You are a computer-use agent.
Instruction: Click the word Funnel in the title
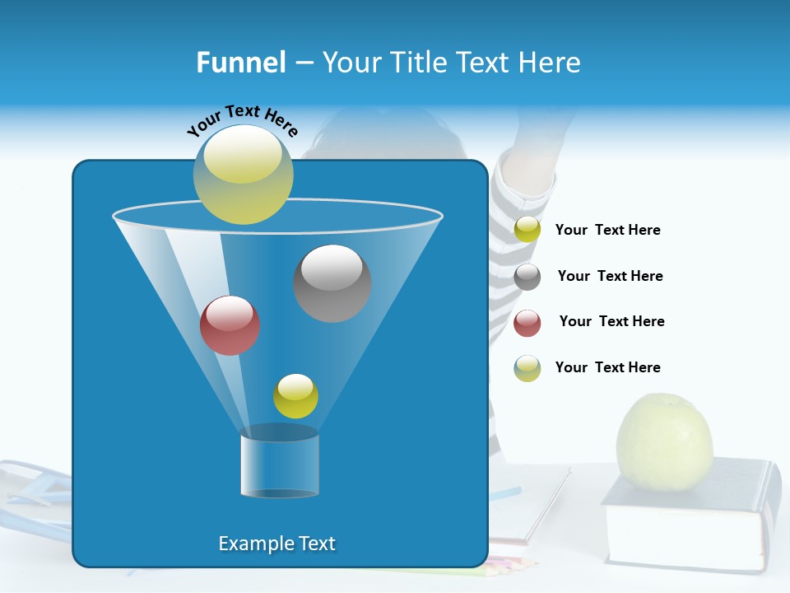(x=240, y=63)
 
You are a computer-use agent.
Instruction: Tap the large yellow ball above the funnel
(x=244, y=175)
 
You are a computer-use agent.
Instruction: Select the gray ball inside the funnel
(x=332, y=283)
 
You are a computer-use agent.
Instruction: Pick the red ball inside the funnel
(x=230, y=325)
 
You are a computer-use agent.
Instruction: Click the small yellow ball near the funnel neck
(x=295, y=396)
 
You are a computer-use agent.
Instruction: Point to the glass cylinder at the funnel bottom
(x=280, y=462)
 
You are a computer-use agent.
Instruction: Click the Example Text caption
(x=276, y=544)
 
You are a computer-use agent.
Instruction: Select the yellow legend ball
(x=527, y=230)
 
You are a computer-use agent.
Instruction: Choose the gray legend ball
(x=527, y=277)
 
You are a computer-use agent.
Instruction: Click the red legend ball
(x=527, y=323)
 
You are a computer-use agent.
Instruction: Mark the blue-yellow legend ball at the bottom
(x=527, y=368)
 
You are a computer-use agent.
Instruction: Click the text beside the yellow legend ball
(x=607, y=230)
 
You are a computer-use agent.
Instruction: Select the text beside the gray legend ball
(x=610, y=276)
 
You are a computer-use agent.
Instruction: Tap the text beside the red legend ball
(x=611, y=321)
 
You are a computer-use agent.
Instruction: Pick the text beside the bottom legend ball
(x=607, y=367)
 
